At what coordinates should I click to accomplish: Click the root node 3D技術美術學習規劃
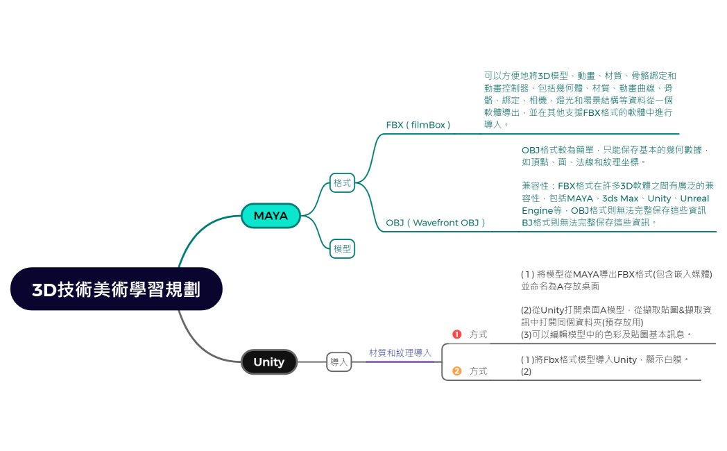[116, 289]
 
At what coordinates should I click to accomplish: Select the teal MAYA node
[271, 216]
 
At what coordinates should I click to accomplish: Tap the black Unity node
[269, 362]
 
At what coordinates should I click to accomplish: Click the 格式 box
[342, 183]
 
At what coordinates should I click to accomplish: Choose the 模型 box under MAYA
[342, 248]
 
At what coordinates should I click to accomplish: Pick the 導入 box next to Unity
[339, 362]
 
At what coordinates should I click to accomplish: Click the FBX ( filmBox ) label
[418, 125]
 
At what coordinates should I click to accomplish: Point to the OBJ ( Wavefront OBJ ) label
[436, 223]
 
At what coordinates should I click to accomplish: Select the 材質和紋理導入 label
[400, 353]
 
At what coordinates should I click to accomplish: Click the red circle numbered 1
[456, 334]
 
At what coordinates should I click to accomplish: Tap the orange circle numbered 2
[456, 371]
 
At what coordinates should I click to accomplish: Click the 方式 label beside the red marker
[479, 334]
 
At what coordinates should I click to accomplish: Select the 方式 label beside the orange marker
[479, 371]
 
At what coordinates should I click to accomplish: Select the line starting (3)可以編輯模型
[606, 334]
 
